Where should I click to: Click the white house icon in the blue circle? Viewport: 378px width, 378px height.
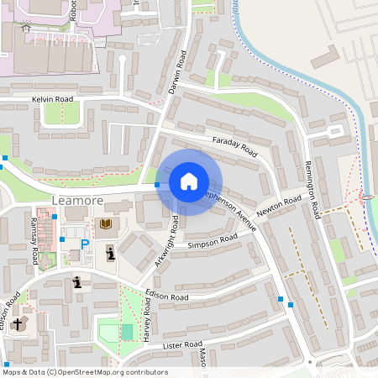pyautogui.click(x=189, y=181)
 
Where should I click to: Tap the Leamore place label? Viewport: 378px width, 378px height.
pyautogui.click(x=76, y=201)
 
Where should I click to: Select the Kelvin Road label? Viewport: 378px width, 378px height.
pyautogui.click(x=53, y=99)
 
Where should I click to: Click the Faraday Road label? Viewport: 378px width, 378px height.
pyautogui.click(x=234, y=147)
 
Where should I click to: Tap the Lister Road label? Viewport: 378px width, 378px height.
pyautogui.click(x=184, y=345)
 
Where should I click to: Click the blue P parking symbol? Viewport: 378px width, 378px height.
pyautogui.click(x=84, y=244)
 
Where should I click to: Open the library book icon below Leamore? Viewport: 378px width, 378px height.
pyautogui.click(x=106, y=224)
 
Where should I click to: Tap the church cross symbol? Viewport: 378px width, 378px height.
pyautogui.click(x=18, y=323)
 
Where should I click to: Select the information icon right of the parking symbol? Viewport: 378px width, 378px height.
pyautogui.click(x=111, y=251)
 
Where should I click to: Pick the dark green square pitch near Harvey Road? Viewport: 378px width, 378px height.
pyautogui.click(x=127, y=332)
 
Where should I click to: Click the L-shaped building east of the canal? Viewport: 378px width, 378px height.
pyautogui.click(x=324, y=56)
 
